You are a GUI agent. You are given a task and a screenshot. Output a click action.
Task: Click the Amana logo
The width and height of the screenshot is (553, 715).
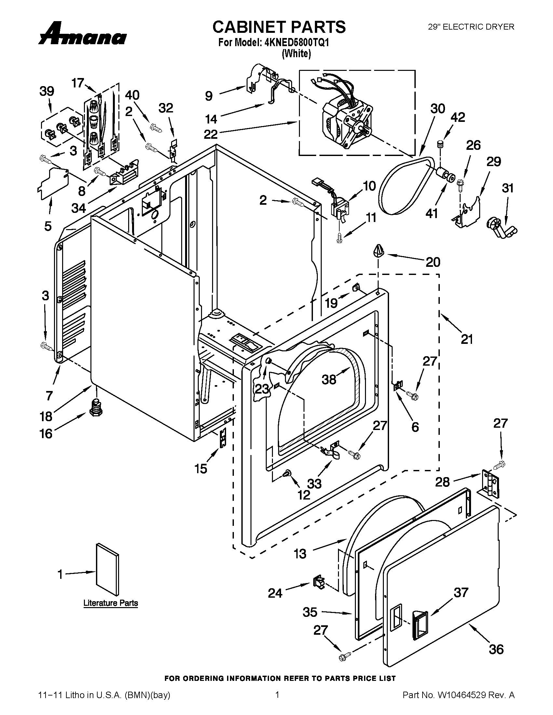click(82, 34)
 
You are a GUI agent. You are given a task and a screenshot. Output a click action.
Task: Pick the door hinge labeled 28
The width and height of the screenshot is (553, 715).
click(490, 484)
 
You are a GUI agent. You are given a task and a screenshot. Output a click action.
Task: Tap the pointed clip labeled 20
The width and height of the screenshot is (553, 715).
click(378, 251)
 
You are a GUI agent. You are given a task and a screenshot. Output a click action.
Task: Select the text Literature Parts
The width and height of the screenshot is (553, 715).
click(110, 603)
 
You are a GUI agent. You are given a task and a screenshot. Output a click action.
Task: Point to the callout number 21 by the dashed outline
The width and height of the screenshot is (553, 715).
click(467, 339)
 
